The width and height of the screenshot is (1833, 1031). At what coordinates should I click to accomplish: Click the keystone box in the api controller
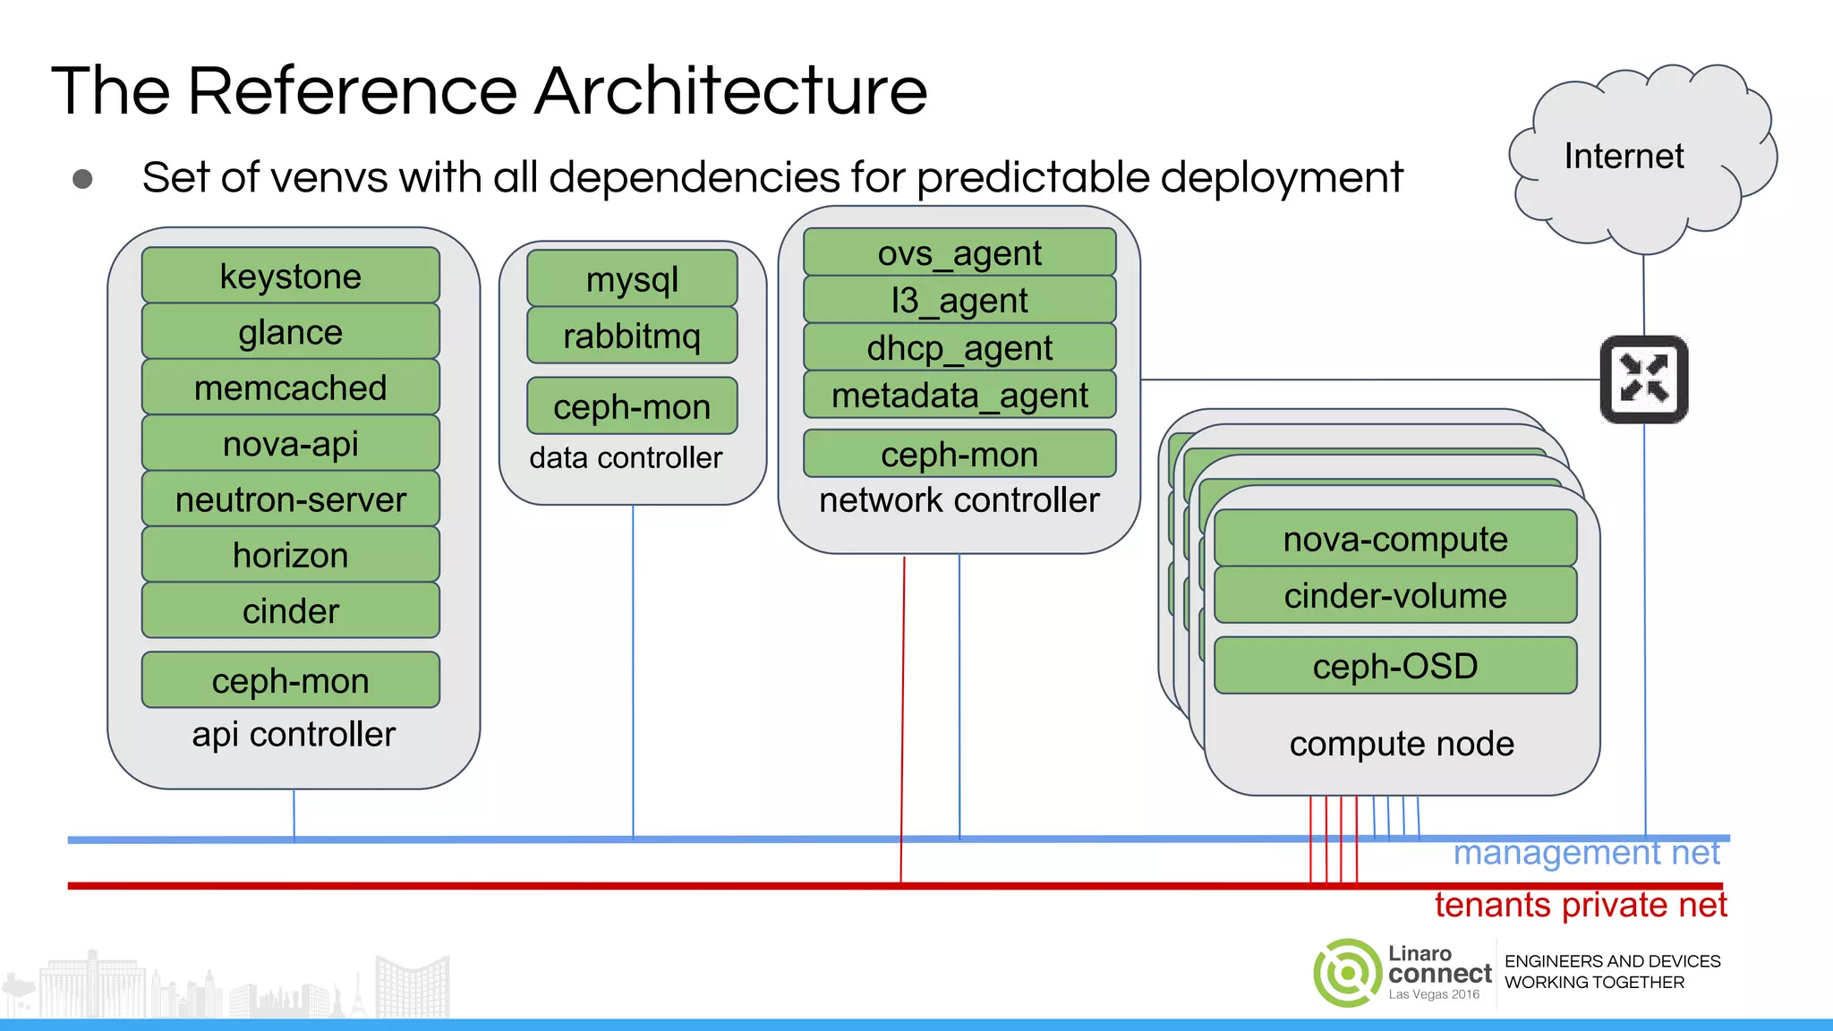290,276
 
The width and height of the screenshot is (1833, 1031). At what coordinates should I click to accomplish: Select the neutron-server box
290,499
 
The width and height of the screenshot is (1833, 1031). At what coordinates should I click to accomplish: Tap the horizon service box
290,555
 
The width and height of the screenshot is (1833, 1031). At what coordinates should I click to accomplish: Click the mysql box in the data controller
632,279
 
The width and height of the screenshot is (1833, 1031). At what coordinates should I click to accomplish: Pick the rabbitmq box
632,336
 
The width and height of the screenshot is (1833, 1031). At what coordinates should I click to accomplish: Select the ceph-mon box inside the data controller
632,406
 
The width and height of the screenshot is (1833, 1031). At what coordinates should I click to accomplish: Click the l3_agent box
959,300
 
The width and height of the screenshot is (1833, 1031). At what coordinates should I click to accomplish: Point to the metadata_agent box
959,395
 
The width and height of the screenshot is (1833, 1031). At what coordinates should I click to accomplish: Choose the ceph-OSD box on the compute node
1394,666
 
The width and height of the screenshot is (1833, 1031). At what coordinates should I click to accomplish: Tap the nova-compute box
1394,539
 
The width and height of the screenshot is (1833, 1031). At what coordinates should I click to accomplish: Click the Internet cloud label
1624,156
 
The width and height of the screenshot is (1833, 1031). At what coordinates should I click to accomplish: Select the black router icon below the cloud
1644,379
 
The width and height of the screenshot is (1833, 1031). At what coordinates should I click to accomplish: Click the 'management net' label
1586,853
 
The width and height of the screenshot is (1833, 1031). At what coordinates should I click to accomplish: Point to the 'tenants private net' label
1581,905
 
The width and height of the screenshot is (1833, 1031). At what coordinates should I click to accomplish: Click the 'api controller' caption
294,735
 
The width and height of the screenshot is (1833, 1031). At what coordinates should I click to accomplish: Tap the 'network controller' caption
959,500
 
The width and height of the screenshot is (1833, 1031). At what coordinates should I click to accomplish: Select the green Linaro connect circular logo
1347,973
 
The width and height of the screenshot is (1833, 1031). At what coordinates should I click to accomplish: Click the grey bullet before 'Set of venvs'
82,179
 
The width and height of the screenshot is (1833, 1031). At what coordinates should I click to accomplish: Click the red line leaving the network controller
902,716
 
